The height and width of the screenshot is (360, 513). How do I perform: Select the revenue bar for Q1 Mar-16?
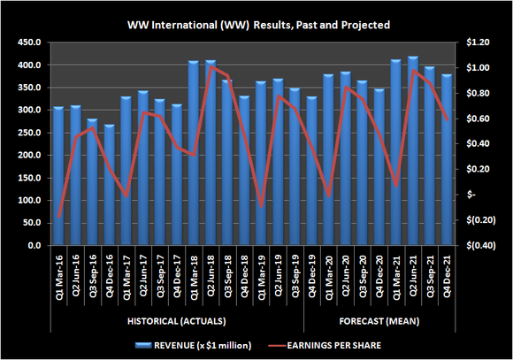tap(58, 177)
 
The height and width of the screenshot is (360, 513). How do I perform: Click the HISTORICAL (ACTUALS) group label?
tap(176, 320)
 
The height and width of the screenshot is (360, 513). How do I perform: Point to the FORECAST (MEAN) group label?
tap(379, 320)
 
